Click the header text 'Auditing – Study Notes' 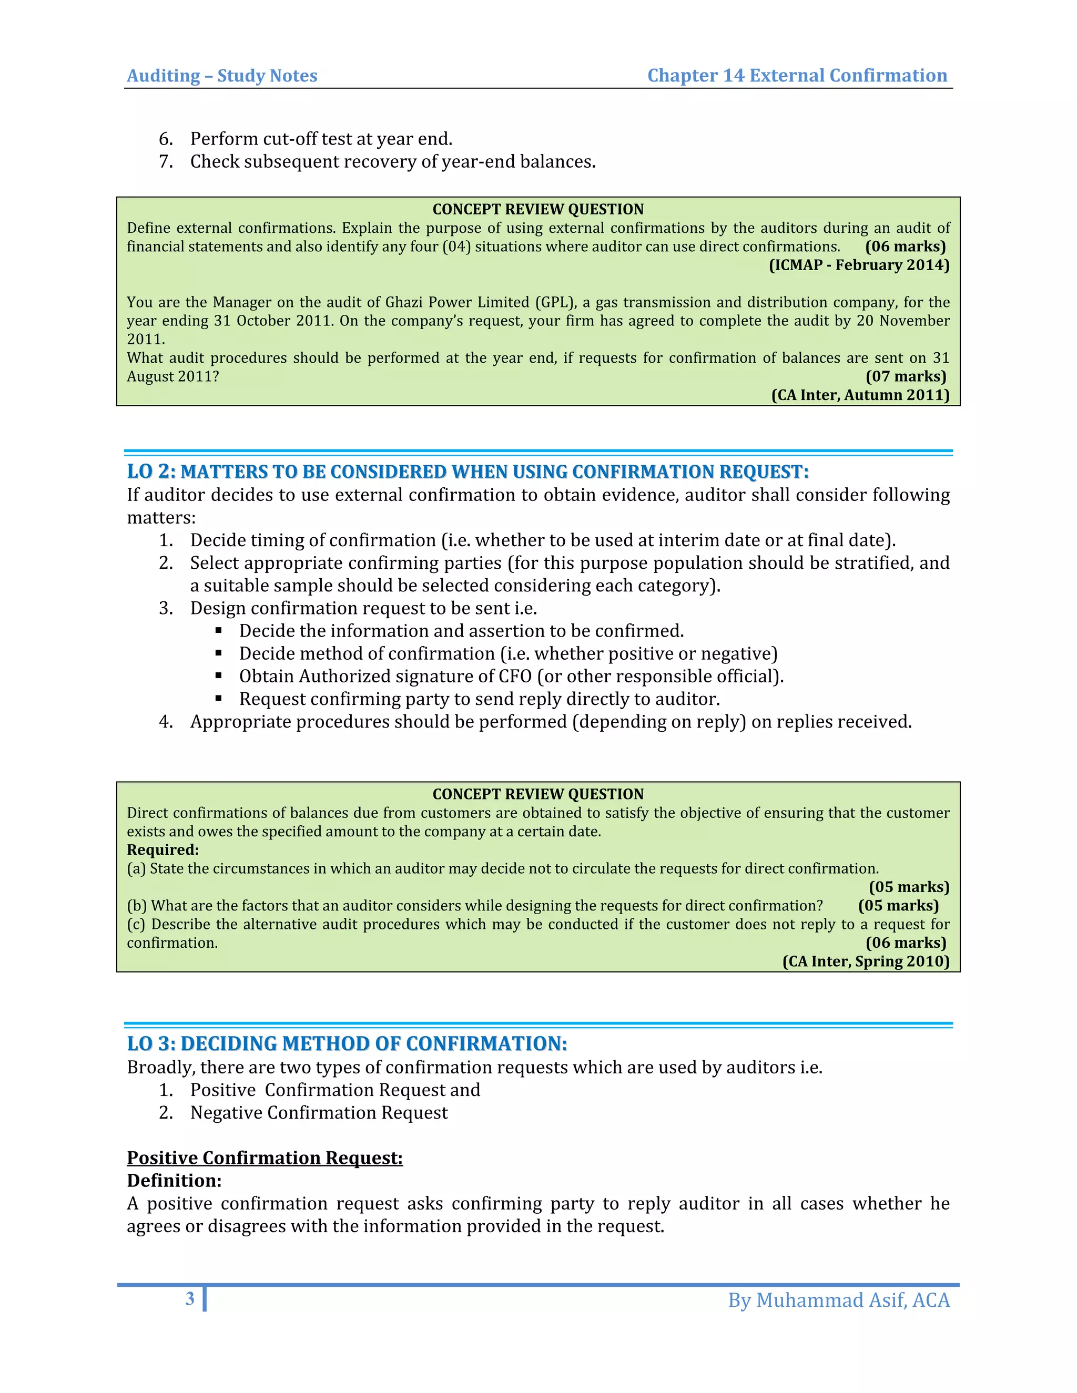coord(221,76)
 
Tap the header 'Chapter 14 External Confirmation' coord(797,76)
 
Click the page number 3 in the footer coord(189,1298)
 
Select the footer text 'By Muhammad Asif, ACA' coord(838,1300)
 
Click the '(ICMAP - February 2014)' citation coord(859,265)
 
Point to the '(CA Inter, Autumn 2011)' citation coord(860,395)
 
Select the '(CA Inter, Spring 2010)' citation coord(865,961)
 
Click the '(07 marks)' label coord(906,376)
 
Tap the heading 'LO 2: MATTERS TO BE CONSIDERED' coord(467,472)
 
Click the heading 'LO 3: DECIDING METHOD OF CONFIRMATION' coord(347,1044)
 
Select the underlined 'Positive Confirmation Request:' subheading coord(265,1158)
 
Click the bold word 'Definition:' coord(174,1181)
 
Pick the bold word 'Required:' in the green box coord(162,850)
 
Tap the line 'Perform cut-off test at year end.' coord(321,139)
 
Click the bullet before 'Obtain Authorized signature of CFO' coord(219,676)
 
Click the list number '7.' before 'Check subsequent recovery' coord(166,162)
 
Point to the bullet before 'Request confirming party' coord(219,699)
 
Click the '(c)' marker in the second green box coord(136,924)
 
